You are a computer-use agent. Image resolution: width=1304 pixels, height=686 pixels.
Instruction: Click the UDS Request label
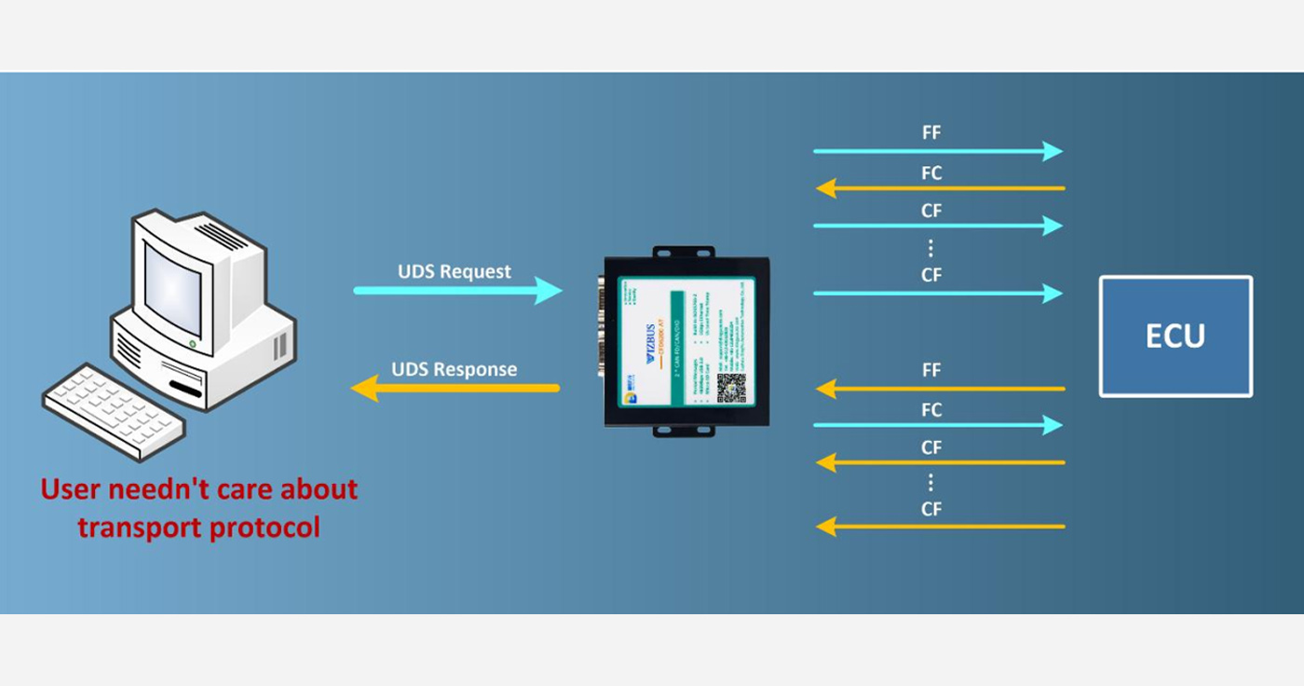coord(455,272)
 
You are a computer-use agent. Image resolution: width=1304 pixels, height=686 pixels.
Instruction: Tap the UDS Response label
coord(454,369)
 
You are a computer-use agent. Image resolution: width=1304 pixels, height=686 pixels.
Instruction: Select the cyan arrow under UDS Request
coord(456,291)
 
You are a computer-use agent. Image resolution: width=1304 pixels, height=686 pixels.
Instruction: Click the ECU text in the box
coord(1175,336)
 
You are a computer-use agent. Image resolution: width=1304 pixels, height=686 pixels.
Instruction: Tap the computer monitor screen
coord(173,287)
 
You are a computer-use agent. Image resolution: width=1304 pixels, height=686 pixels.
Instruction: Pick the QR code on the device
coord(731,387)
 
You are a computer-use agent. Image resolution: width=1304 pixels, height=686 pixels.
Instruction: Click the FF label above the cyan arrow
coord(930,133)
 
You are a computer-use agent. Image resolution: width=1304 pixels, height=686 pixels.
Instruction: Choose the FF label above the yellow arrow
coord(930,371)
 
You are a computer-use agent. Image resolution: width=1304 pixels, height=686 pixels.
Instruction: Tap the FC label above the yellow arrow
coord(930,173)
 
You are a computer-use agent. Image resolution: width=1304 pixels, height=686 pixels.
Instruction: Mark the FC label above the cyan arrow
coord(930,410)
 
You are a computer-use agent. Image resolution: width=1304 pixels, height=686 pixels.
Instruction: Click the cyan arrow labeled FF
coord(937,151)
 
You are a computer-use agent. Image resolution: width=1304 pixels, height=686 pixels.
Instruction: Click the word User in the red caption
coord(70,489)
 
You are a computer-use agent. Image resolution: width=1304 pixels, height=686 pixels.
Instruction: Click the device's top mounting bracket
coord(684,253)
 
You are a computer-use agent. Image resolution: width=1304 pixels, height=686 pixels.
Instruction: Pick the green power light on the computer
coord(193,345)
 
